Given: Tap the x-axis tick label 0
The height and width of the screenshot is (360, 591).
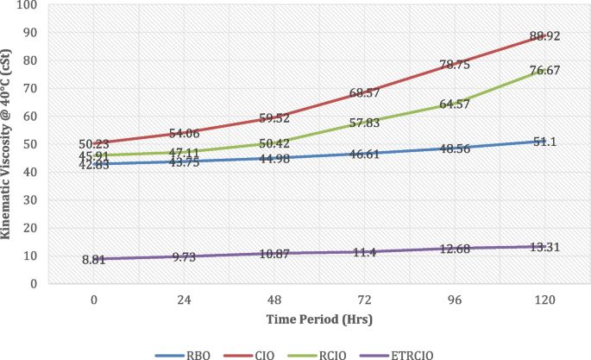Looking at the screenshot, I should pyautogui.click(x=93, y=301).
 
